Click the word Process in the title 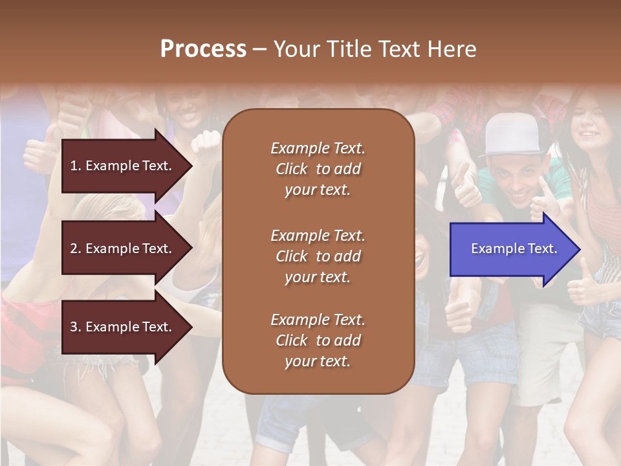(x=203, y=49)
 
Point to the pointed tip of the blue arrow (x=579, y=249)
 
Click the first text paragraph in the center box (x=318, y=169)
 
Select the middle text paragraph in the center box (x=318, y=256)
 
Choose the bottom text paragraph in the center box (x=318, y=340)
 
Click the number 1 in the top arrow (x=74, y=166)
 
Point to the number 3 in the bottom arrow (x=74, y=327)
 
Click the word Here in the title (x=452, y=49)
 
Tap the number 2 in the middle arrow (x=74, y=249)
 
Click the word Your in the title (x=295, y=49)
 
